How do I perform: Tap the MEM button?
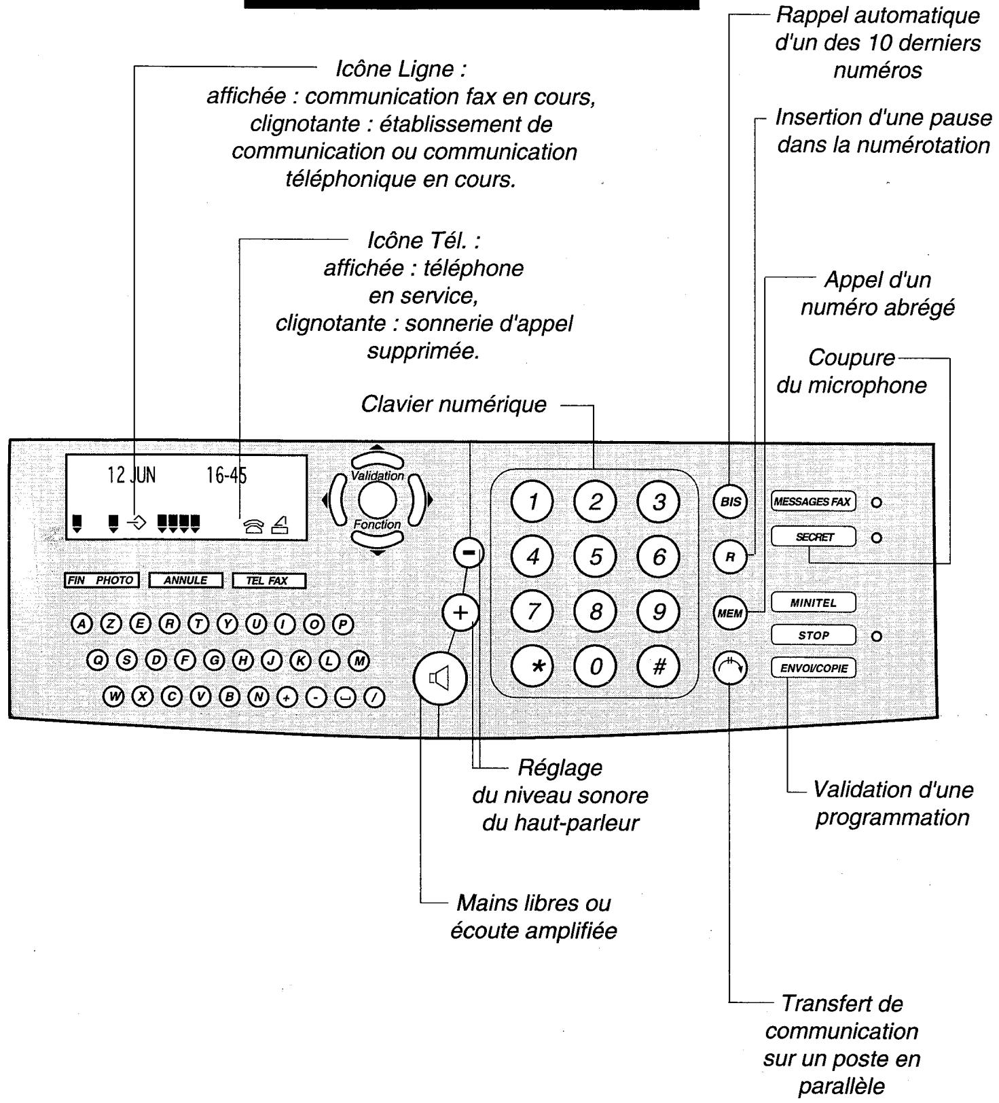pyautogui.click(x=730, y=613)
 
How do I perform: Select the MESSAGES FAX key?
pyautogui.click(x=814, y=502)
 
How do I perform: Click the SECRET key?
pyautogui.click(x=814, y=537)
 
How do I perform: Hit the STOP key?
pyautogui.click(x=814, y=636)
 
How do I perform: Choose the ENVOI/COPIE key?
pyautogui.click(x=814, y=668)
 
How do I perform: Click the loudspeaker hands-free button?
pyautogui.click(x=440, y=678)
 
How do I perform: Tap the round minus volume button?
pyautogui.click(x=469, y=553)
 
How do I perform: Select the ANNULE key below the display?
pyautogui.click(x=185, y=580)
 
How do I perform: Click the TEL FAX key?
pyautogui.click(x=269, y=581)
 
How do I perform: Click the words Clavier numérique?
pyautogui.click(x=453, y=404)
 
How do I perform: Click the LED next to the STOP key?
pyautogui.click(x=877, y=637)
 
